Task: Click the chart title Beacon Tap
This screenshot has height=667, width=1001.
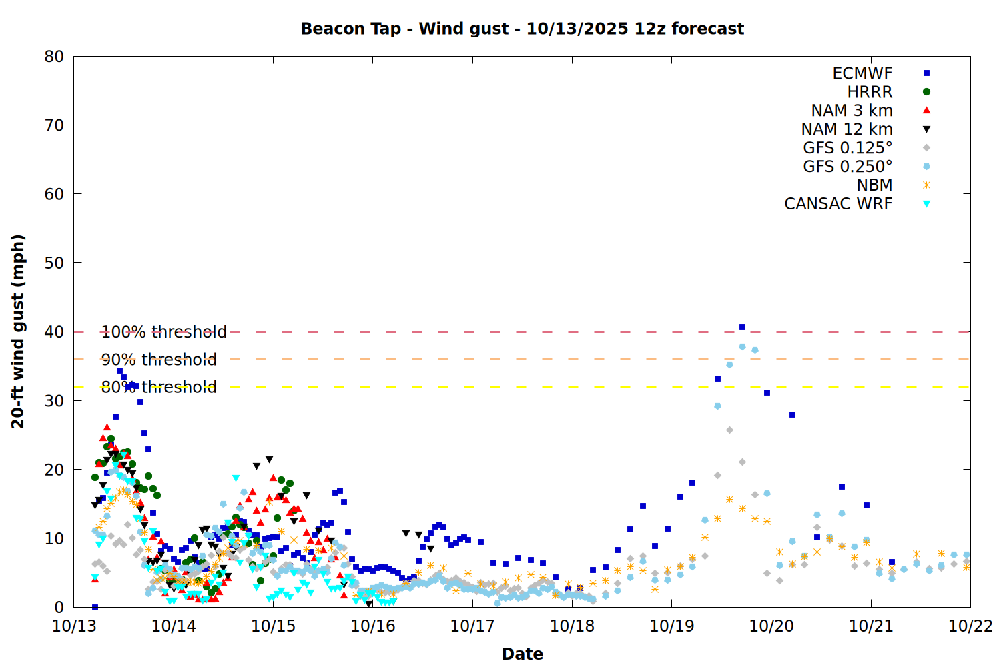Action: tap(522, 29)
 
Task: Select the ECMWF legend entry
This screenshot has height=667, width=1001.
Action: tap(862, 73)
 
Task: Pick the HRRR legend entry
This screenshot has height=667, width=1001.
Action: tap(870, 92)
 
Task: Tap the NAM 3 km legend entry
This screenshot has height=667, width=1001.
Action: tap(852, 111)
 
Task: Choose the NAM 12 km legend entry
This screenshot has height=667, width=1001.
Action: tap(847, 129)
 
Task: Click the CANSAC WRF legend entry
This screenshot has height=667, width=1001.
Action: tap(838, 204)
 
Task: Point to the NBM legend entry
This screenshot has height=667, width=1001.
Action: tap(874, 185)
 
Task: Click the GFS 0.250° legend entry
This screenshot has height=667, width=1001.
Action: tap(848, 167)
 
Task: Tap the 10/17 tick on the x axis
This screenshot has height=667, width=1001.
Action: tap(472, 626)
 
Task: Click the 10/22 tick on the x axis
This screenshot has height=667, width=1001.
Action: tap(970, 626)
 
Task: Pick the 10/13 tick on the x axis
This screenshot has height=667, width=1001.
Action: tap(73, 626)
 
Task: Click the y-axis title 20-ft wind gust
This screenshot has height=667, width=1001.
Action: tap(18, 331)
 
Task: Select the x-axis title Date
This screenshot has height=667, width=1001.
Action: tap(522, 654)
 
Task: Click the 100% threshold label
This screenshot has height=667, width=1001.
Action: tap(164, 331)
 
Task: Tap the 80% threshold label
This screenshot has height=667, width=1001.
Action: tap(159, 387)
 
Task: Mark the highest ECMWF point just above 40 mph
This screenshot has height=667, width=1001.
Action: tap(742, 327)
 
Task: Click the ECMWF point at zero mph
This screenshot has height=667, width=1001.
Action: tap(95, 607)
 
